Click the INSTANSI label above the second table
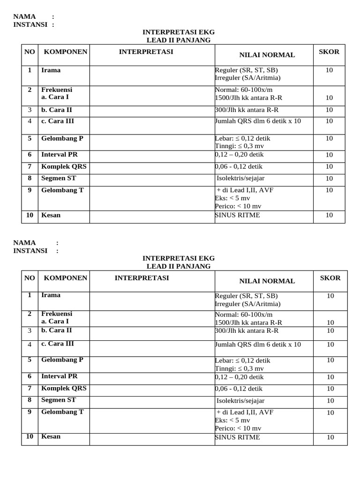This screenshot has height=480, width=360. [x=30, y=251]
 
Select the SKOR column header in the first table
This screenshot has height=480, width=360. [x=329, y=52]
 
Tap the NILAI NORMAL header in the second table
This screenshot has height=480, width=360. [x=267, y=281]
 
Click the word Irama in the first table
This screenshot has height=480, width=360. [x=51, y=70]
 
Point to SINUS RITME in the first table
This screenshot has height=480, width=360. [x=238, y=215]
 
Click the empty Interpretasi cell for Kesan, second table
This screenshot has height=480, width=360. [x=152, y=439]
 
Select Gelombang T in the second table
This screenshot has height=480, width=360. [x=62, y=412]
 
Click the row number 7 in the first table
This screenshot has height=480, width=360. [x=30, y=166]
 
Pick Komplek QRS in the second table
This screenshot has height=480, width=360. [x=64, y=389]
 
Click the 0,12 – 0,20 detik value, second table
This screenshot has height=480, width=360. [x=240, y=377]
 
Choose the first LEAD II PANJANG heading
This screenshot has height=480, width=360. [x=179, y=40]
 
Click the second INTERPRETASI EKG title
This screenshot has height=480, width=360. [x=179, y=258]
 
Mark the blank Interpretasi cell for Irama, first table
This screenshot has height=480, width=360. [x=152, y=75]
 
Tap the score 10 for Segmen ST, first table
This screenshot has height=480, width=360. [x=329, y=179]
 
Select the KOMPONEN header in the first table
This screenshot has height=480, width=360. [x=65, y=52]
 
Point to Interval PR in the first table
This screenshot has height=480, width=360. [x=59, y=155]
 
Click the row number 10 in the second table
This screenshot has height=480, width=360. [x=30, y=436]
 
